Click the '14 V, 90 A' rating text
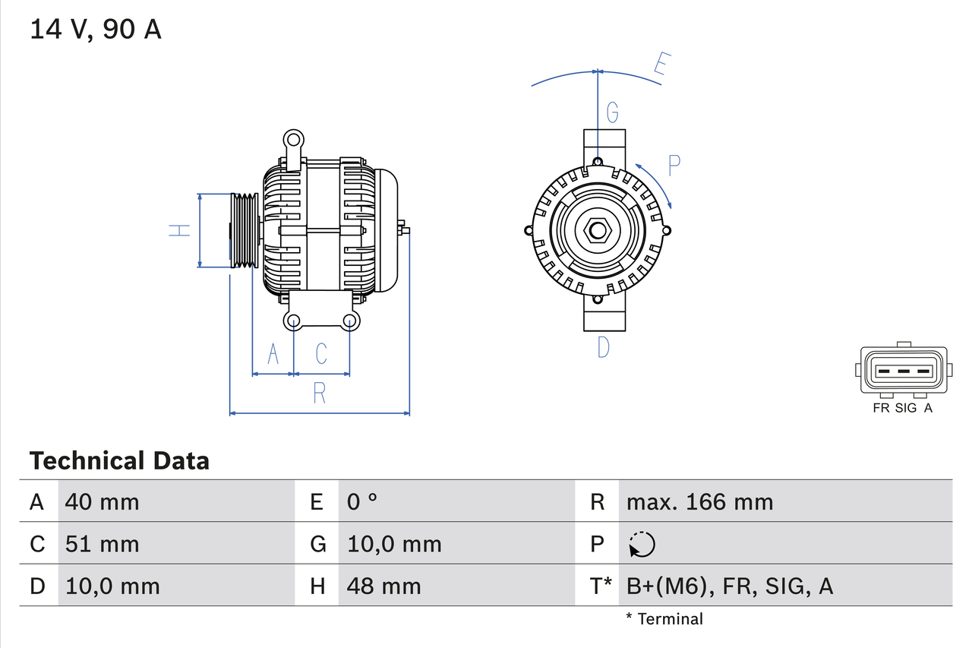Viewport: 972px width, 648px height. point(96,30)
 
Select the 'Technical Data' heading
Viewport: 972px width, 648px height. point(119,460)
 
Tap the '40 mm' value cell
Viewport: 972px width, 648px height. point(103,501)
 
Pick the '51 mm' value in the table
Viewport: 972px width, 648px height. point(103,544)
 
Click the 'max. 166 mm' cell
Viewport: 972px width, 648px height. point(699,501)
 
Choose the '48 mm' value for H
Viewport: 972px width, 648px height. point(383,586)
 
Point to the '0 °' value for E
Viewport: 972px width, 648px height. point(362,501)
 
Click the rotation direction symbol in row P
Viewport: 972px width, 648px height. point(642,544)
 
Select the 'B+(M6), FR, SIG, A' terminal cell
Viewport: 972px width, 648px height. point(729,586)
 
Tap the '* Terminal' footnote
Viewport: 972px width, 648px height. point(664,618)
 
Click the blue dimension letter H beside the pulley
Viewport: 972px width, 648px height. point(179,230)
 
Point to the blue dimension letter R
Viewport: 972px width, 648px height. point(320,394)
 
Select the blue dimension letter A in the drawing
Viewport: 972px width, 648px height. point(273,353)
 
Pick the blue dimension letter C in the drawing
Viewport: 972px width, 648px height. point(321,353)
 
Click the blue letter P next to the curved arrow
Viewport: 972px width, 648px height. point(674,166)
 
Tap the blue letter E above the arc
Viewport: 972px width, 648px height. point(660,67)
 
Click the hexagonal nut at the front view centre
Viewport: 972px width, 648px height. point(598,230)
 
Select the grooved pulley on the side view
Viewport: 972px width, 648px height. point(245,230)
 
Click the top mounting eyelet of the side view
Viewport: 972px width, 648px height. point(293,140)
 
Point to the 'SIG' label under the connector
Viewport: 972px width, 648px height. point(906,408)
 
